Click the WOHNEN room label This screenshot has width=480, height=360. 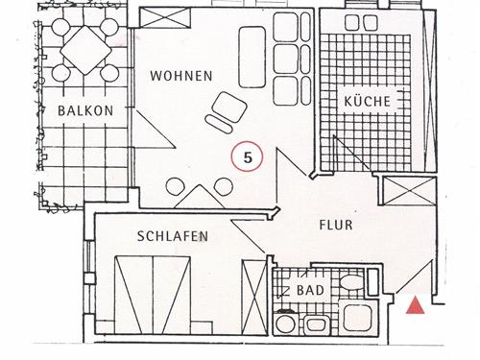[180, 75]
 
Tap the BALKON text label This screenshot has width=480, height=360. [85, 110]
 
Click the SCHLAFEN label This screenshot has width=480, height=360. [172, 235]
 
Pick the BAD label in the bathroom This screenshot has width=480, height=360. [310, 289]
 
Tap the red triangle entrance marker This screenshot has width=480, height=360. [416, 306]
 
